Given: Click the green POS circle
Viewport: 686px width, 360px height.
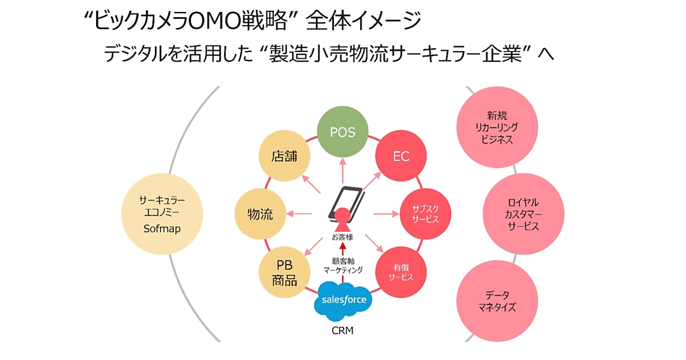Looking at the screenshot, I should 343,133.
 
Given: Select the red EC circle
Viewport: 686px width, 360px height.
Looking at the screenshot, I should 401,156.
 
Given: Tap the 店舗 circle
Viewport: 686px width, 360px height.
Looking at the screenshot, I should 284,156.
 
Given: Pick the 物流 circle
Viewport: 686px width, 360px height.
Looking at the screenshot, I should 260,215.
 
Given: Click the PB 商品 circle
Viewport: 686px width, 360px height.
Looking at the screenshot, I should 284,273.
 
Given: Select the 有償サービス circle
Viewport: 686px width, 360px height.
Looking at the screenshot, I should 401,273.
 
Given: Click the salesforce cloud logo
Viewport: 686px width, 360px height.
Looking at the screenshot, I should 343,300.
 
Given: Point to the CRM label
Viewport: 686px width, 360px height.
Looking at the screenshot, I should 343,330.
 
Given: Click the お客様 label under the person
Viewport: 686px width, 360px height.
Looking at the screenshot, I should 342,236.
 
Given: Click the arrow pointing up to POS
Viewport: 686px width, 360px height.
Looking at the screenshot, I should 343,170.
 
